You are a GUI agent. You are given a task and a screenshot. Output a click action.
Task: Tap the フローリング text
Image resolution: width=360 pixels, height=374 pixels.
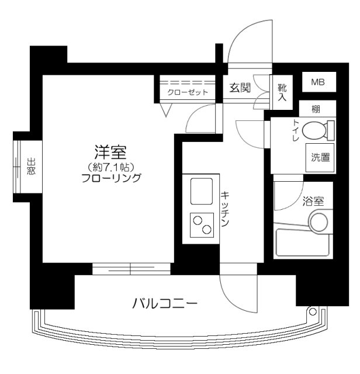click(x=111, y=179)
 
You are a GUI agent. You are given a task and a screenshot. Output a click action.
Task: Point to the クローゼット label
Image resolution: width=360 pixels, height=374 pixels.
click(x=184, y=92)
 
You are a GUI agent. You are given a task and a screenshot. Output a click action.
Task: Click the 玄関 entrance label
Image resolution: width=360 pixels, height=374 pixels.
click(x=239, y=88)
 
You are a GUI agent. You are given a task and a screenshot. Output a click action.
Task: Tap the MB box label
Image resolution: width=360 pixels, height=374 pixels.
click(x=319, y=82)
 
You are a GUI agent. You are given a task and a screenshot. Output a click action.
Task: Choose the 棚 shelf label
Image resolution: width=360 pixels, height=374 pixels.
click(x=316, y=109)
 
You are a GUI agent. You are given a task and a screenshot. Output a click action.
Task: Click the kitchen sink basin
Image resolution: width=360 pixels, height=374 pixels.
click(x=201, y=189)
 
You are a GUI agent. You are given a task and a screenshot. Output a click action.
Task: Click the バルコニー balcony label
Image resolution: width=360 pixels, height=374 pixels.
click(x=164, y=304)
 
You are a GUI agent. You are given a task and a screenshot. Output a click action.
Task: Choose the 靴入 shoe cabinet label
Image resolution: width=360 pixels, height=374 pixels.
click(x=282, y=92)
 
